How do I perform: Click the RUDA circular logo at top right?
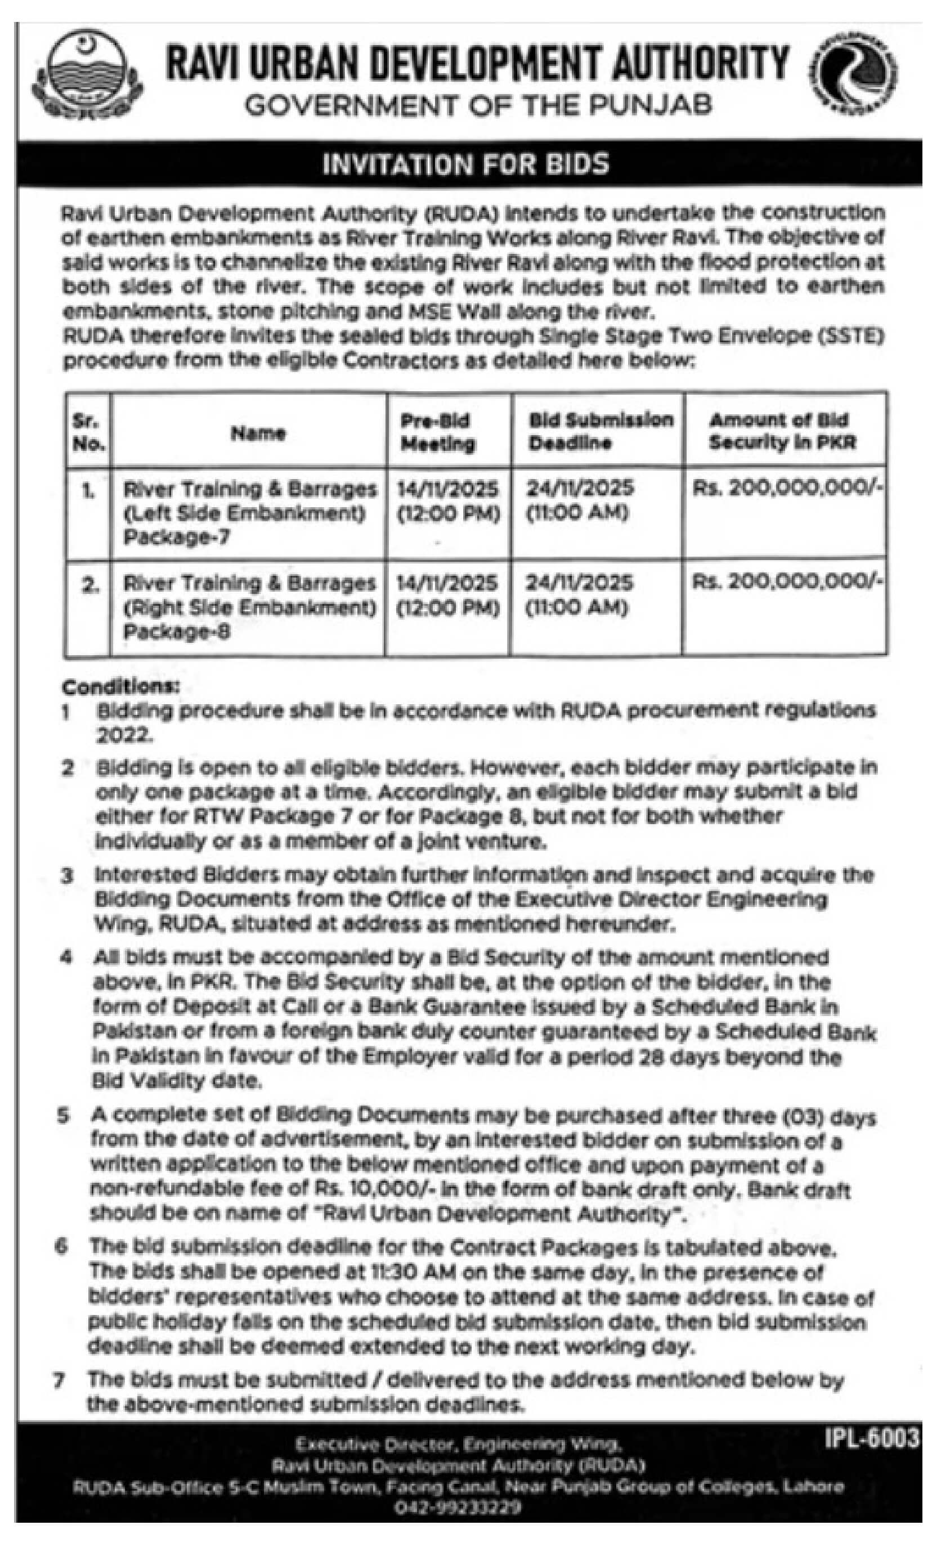854,74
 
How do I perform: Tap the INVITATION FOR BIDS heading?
466,164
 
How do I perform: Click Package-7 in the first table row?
176,537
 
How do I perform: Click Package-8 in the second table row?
177,632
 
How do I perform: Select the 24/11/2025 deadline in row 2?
579,583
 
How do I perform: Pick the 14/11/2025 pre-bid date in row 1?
447,489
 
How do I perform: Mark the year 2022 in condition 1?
124,735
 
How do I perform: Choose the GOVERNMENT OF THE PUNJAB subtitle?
478,105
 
